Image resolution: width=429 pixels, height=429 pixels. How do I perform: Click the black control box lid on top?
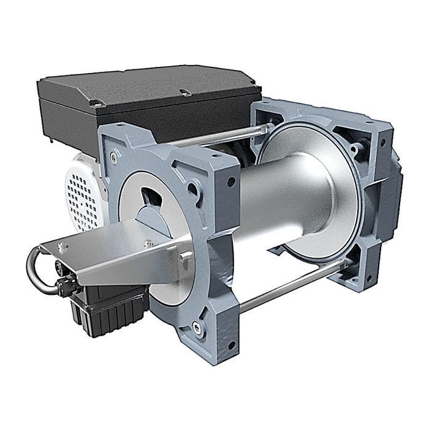[x=147, y=86]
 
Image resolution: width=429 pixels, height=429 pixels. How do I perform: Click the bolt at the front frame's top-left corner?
[x=114, y=157]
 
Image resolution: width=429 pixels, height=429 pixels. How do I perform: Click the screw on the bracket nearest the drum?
[x=148, y=243]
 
